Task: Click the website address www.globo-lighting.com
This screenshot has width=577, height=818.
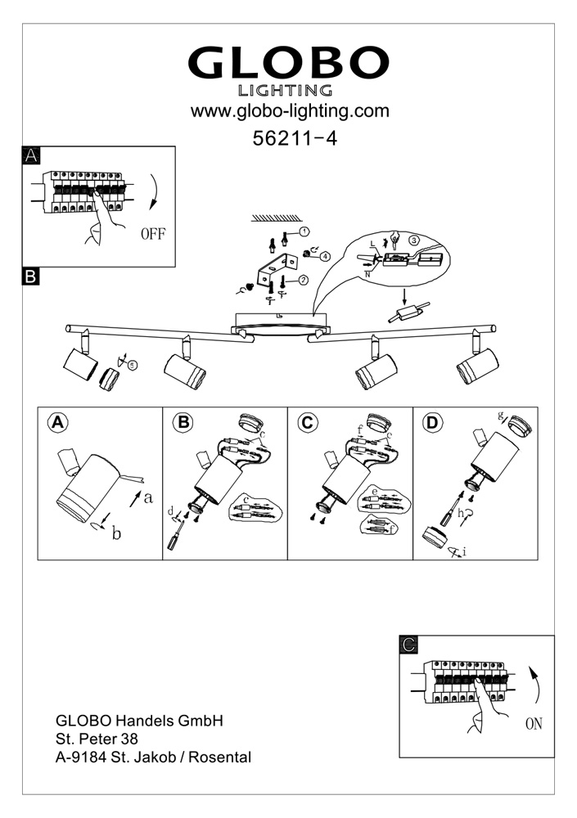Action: point(290,110)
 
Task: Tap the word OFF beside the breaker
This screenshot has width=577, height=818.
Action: point(152,234)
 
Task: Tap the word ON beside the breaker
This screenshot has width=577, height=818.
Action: point(534,724)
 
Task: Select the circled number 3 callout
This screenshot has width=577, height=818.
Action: point(414,240)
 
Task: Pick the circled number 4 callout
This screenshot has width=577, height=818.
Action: point(326,256)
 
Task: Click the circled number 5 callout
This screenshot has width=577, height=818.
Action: point(133,365)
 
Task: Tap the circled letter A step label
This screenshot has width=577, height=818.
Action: point(57,422)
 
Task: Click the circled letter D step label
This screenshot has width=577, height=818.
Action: point(432,422)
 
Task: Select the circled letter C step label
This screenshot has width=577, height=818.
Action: point(308,422)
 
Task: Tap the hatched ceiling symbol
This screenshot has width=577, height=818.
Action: point(276,218)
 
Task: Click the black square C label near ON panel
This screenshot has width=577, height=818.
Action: point(410,646)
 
